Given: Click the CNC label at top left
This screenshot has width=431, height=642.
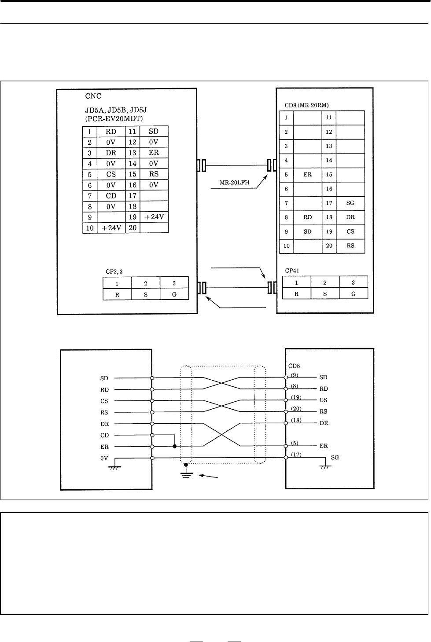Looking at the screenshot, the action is click(93, 96).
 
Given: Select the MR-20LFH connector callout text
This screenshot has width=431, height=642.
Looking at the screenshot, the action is click(235, 183).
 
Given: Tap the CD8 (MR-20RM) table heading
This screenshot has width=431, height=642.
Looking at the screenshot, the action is click(306, 105).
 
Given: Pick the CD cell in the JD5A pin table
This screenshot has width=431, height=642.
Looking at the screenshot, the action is click(111, 196).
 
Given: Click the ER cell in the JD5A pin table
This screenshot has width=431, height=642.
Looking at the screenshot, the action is click(154, 153).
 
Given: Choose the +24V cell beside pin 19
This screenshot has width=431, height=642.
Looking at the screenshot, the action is click(154, 217).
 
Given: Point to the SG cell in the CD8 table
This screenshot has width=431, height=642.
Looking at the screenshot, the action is click(350, 203).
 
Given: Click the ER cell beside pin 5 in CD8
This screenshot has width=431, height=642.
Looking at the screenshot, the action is click(307, 175).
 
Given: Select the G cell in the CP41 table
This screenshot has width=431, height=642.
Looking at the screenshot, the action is click(353, 294).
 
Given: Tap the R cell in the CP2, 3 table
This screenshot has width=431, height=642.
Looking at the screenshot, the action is click(117, 295).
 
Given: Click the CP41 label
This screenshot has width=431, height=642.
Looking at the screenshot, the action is click(292, 271).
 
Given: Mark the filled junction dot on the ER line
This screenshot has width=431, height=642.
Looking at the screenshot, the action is click(175, 446).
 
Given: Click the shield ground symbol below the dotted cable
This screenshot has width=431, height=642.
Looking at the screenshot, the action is click(186, 472).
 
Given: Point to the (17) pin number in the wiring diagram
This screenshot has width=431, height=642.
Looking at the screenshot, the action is click(296, 455).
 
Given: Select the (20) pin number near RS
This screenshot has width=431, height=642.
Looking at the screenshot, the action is click(296, 409).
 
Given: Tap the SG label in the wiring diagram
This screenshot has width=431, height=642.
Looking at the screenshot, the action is click(335, 458).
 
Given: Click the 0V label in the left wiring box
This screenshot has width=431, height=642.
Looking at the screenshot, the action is click(104, 459).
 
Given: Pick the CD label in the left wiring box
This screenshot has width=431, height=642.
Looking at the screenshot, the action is click(104, 435).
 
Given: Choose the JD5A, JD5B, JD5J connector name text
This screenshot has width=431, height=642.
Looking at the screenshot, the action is click(116, 110).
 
